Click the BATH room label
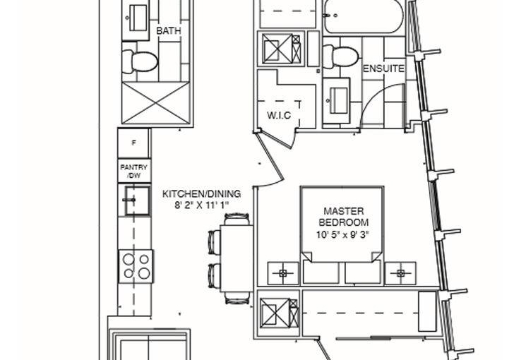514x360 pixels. pyautogui.click(x=169, y=31)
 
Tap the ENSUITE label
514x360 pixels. pyautogui.click(x=383, y=69)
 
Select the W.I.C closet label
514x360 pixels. pyautogui.click(x=279, y=115)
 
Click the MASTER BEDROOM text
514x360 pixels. pyautogui.click(x=344, y=217)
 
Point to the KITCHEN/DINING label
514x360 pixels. pyautogui.click(x=202, y=194)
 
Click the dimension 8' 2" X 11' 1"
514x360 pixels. pyautogui.click(x=201, y=205)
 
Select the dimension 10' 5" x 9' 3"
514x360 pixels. pyautogui.click(x=343, y=235)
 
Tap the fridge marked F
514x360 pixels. pyautogui.click(x=134, y=143)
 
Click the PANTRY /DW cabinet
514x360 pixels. pyautogui.click(x=134, y=171)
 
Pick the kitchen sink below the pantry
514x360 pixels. pyautogui.click(x=137, y=200)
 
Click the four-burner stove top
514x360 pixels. pyautogui.click(x=136, y=266)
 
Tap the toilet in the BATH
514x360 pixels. pyautogui.click(x=140, y=61)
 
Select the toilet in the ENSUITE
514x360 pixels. pyautogui.click(x=340, y=56)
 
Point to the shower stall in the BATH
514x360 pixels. pyautogui.click(x=156, y=102)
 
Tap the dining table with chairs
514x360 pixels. pyautogui.click(x=231, y=259)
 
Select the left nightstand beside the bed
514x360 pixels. pyautogui.click(x=283, y=272)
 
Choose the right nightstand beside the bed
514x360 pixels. pyautogui.click(x=400, y=272)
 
